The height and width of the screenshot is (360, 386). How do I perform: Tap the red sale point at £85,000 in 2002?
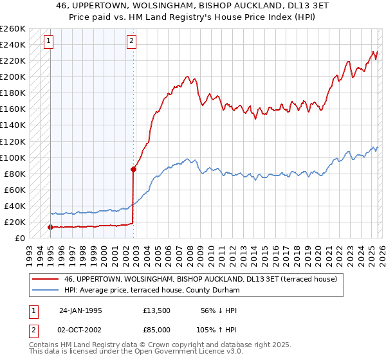(x=133, y=170)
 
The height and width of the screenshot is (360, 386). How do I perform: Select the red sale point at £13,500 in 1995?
(x=50, y=227)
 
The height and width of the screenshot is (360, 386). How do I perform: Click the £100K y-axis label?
(x=14, y=157)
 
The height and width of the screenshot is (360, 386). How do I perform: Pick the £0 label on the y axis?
(x=21, y=238)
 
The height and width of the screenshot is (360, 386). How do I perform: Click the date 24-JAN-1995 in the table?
(x=80, y=310)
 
